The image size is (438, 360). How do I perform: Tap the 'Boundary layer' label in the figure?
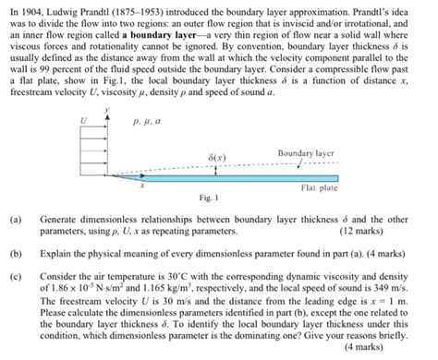pos(305,152)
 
